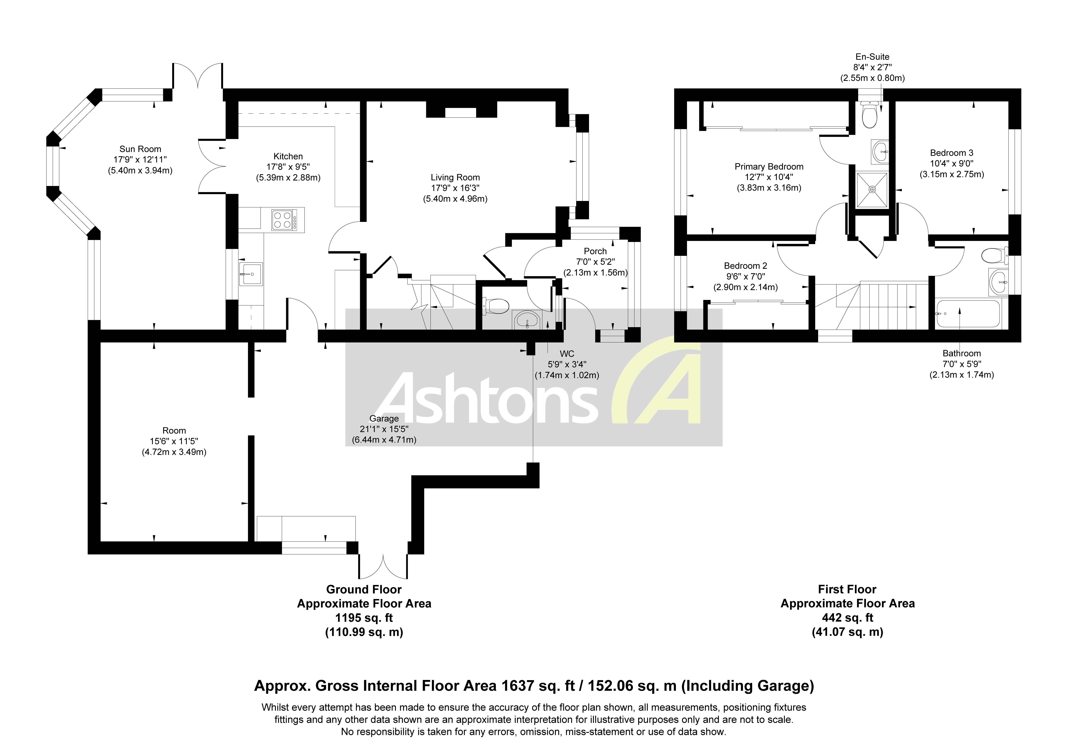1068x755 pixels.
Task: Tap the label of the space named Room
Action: coord(174,431)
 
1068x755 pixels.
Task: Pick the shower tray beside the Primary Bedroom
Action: coord(872,189)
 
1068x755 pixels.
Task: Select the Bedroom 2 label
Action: coord(745,266)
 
